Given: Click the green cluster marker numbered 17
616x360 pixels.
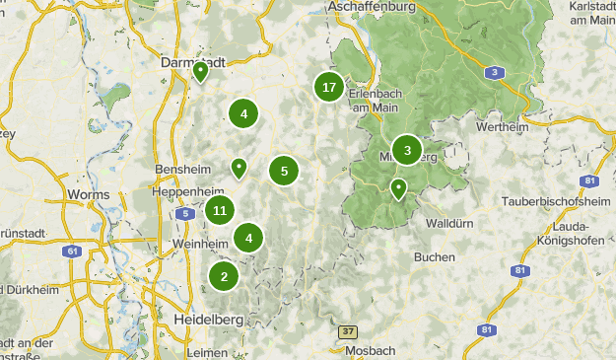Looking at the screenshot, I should (329, 88).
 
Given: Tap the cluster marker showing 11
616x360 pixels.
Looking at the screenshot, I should (220, 210).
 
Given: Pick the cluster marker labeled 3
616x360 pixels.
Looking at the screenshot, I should (406, 150).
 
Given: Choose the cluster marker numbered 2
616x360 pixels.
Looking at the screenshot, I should (224, 276).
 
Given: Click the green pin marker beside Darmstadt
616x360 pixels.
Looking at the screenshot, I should (200, 71).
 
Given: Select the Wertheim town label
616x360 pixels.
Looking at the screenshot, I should (503, 127).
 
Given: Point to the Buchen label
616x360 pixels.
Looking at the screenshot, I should (435, 256).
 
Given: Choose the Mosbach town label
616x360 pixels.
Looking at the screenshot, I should (371, 350).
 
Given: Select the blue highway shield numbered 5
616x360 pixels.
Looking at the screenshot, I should (183, 212).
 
